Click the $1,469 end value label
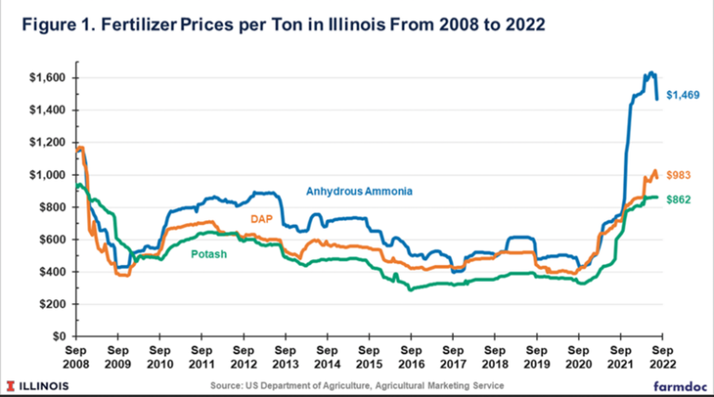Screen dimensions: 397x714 (681, 95)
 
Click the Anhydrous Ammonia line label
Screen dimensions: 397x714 (359, 191)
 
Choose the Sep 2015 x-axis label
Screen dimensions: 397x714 (368, 360)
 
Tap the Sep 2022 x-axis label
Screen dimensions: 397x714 (661, 360)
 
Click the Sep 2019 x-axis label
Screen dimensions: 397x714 (535, 360)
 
